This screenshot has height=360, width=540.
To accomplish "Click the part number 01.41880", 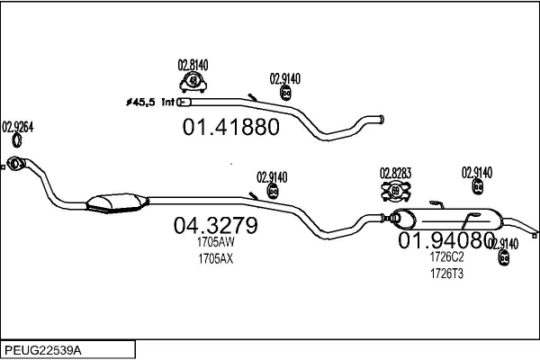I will (x=231, y=127).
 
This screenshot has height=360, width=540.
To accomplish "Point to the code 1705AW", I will (x=215, y=242).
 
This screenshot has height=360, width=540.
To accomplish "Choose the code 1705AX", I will (x=215, y=259).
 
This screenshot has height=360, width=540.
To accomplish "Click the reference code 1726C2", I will (x=445, y=256).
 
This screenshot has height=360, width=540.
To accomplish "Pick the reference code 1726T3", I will (x=445, y=273).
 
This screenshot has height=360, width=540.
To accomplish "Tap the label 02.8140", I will (x=193, y=64).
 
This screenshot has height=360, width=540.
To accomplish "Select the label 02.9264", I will (x=18, y=126).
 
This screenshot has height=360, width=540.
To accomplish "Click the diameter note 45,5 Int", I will (x=153, y=102).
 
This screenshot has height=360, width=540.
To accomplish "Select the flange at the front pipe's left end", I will (x=14, y=164).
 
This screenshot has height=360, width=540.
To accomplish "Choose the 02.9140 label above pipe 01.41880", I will (x=285, y=78).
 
